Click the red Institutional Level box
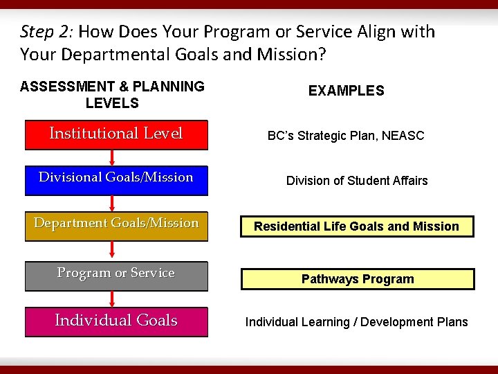116,134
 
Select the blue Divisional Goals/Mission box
116,178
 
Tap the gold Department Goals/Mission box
116,225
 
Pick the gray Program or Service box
116,275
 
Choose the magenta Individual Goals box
116,321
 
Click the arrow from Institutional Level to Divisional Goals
112,157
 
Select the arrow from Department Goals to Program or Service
112,250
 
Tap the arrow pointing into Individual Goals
112,299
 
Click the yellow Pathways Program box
358,279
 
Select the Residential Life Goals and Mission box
357,226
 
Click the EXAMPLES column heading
347,91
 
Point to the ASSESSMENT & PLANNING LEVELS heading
112,95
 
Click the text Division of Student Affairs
357,181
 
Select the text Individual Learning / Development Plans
357,322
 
